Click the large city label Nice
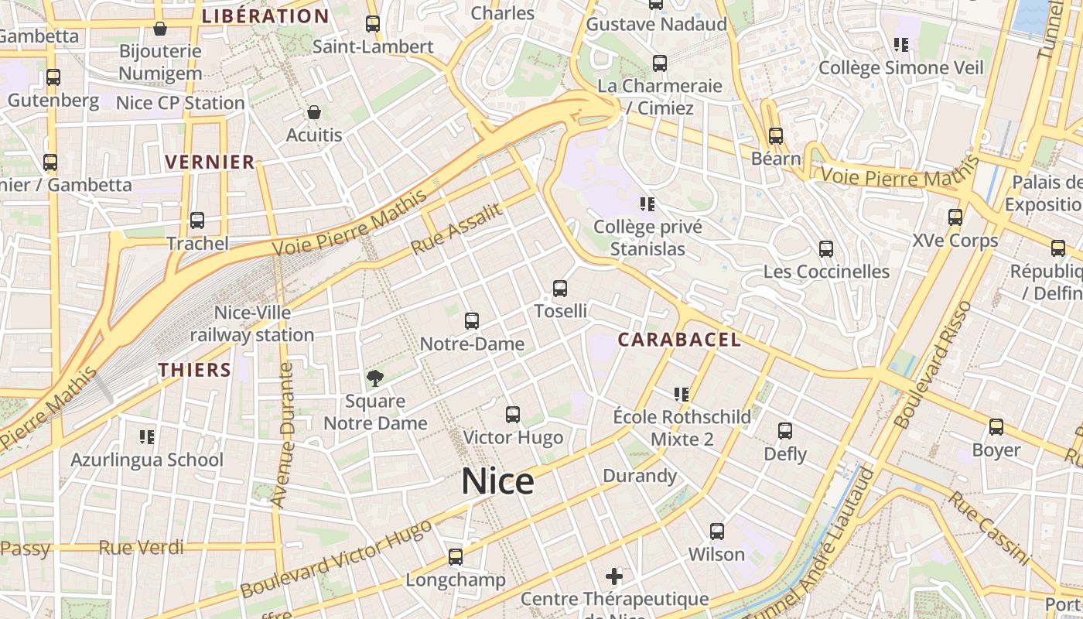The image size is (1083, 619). point(497,481)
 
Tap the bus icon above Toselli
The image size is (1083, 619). point(560,289)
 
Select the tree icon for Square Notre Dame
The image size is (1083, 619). point(375,378)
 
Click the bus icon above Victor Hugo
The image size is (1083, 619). point(512,415)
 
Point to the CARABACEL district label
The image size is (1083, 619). point(679,340)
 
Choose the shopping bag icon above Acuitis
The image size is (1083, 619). point(313,113)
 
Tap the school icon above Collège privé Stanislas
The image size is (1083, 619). point(647,204)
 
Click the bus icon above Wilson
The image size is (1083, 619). point(717,532)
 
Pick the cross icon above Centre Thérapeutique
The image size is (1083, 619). point(614,576)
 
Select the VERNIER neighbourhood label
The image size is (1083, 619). point(210,162)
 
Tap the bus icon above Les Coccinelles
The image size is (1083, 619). point(826,249)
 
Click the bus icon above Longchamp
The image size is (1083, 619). point(456,557)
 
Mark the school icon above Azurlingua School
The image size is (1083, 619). point(147,437)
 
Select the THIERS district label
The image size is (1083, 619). point(195,370)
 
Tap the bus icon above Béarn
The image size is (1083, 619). point(776,136)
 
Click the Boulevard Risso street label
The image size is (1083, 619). point(932,365)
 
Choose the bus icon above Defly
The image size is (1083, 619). point(785,431)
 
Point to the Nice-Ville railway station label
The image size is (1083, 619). point(252,324)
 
